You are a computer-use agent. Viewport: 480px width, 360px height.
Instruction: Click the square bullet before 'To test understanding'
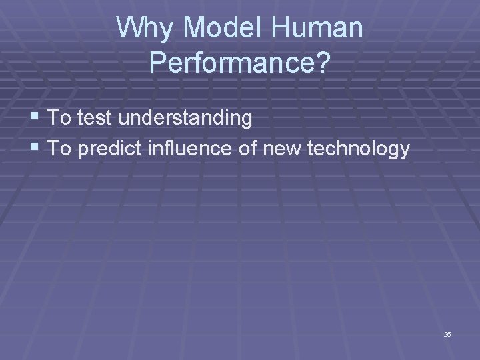[x=37, y=119]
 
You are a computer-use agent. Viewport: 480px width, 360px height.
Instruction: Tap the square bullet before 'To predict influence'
[x=37, y=149]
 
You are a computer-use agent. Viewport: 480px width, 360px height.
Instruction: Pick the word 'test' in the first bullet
[x=94, y=119]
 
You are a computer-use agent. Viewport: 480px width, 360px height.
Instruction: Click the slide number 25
[x=447, y=334]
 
